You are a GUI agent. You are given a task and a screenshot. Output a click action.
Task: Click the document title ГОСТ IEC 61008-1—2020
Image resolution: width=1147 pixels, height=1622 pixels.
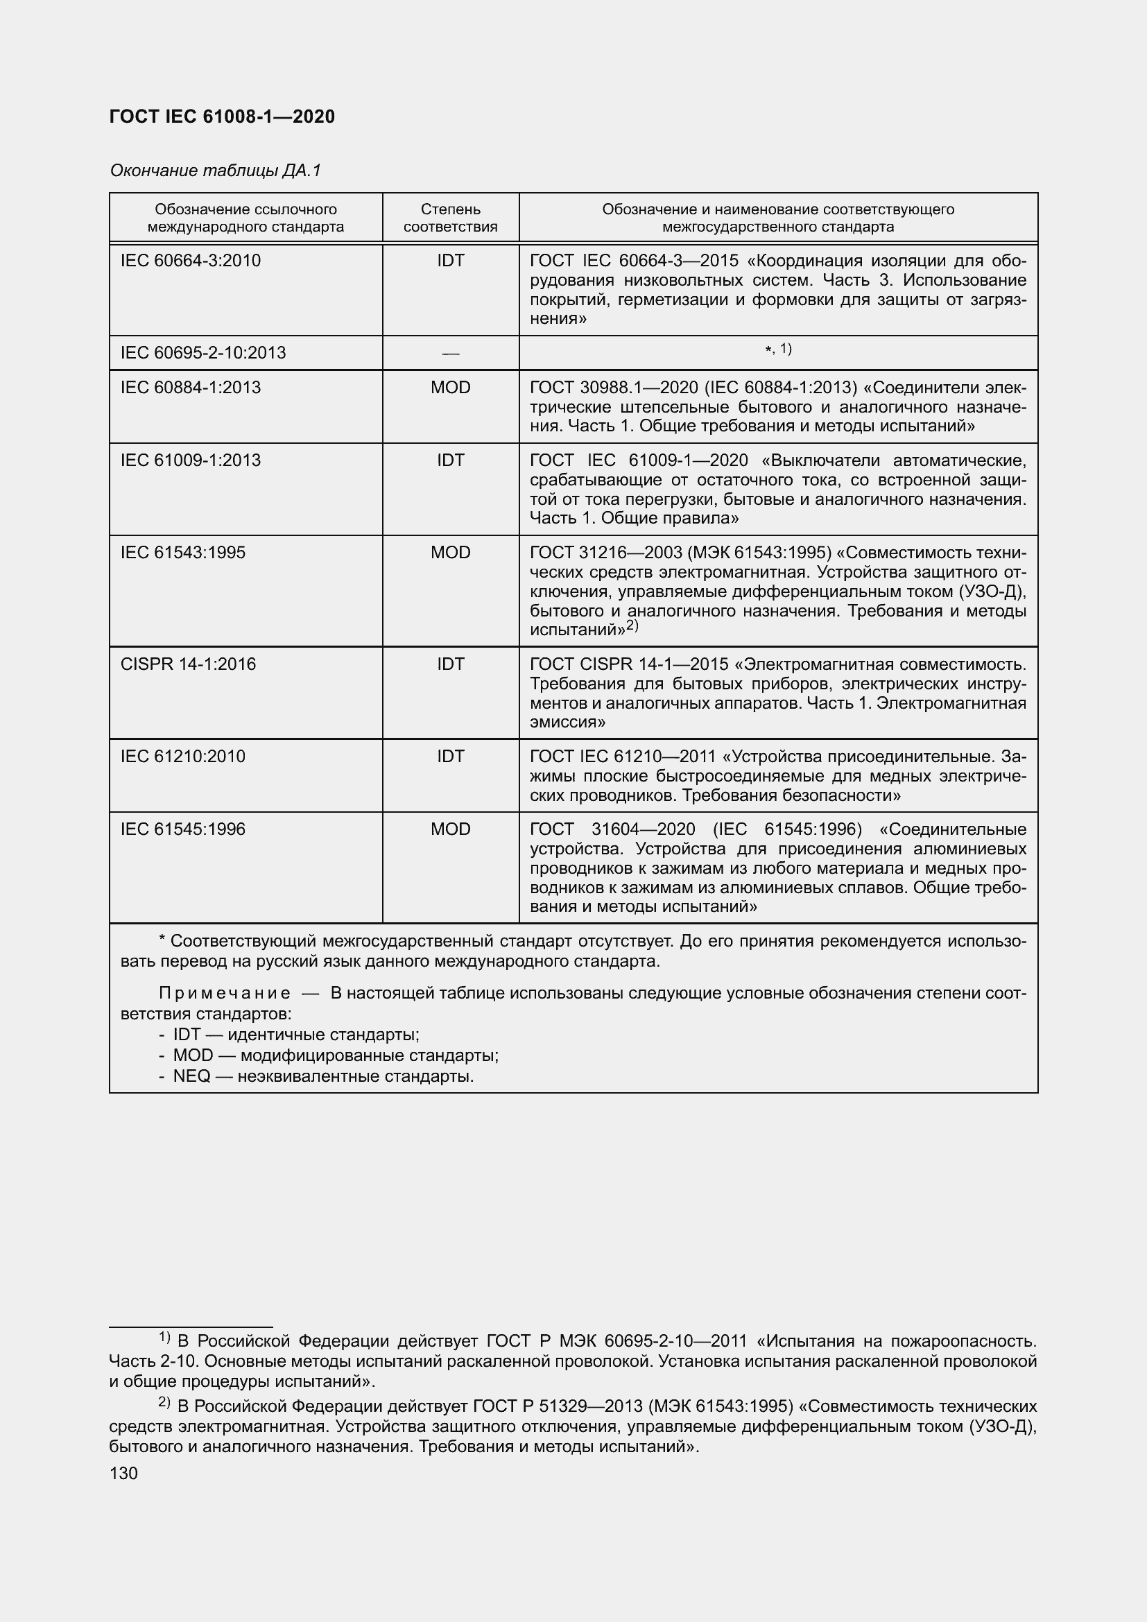pyautogui.click(x=222, y=117)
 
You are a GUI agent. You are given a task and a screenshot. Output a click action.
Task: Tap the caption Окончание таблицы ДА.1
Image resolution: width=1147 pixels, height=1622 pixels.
pyautogui.click(x=216, y=171)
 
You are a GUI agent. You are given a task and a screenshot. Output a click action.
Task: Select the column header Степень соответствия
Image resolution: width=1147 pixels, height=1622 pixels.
pyautogui.click(x=450, y=218)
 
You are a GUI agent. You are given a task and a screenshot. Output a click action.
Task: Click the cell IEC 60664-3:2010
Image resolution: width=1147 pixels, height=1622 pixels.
pyautogui.click(x=191, y=261)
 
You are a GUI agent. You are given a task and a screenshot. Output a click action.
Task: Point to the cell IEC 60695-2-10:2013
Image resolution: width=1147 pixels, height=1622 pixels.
pyautogui.click(x=203, y=352)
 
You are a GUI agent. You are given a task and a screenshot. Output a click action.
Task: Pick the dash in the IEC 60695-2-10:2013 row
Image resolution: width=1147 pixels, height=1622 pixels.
pyautogui.click(x=450, y=353)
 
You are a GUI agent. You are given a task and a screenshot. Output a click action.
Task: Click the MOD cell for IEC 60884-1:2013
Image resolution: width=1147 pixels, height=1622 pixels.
pyautogui.click(x=450, y=387)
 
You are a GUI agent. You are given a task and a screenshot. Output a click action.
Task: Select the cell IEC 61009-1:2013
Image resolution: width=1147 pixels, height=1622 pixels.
pyautogui.click(x=191, y=460)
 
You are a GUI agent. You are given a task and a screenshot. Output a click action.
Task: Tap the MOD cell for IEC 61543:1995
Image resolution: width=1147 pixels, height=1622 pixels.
pyautogui.click(x=450, y=552)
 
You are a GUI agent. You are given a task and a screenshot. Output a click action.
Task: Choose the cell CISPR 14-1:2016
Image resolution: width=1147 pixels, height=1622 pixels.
pyautogui.click(x=188, y=664)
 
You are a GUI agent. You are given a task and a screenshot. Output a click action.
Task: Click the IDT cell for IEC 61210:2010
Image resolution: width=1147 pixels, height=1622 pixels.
pyautogui.click(x=450, y=756)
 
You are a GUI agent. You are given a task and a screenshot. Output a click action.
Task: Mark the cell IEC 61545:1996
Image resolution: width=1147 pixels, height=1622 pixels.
pyautogui.click(x=183, y=829)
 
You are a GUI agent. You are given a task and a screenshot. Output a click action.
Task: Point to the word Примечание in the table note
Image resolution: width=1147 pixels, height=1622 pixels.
pyautogui.click(x=225, y=993)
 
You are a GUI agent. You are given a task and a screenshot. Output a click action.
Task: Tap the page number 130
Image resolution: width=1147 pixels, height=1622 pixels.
pyautogui.click(x=123, y=1473)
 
